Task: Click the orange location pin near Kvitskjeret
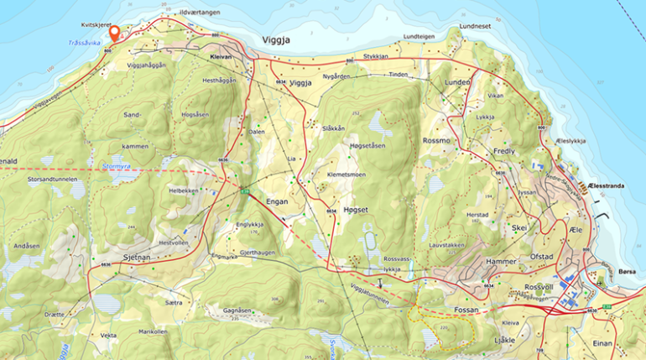(114, 31)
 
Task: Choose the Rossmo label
(438, 140)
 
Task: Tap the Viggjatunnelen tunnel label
(369, 293)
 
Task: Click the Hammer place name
(502, 262)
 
